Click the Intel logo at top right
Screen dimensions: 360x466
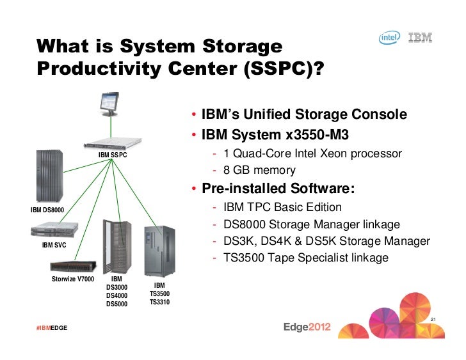point(390,39)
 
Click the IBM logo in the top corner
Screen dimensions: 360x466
point(420,38)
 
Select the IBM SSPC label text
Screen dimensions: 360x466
point(113,155)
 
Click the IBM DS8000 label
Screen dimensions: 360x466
point(47,210)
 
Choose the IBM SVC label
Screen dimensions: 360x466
point(54,245)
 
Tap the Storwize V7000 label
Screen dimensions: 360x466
point(72,279)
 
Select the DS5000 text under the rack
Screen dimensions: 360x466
point(116,304)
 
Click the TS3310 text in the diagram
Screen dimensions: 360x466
point(159,302)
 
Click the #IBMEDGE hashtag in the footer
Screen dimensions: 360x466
point(51,328)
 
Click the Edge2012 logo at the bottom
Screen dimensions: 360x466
point(307,327)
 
